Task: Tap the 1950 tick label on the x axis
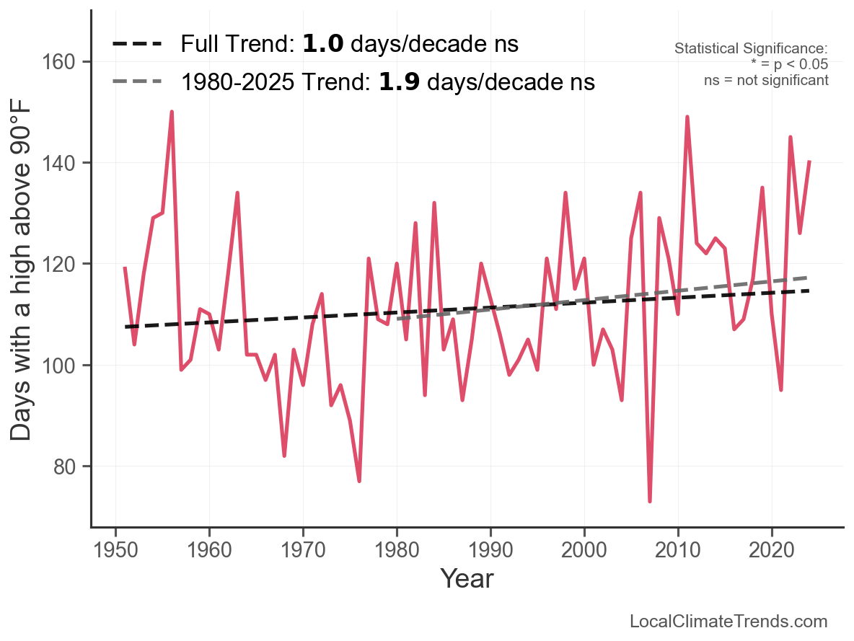115,549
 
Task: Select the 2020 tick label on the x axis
772,549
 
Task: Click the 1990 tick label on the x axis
490,549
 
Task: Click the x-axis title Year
467,578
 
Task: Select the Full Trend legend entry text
349,44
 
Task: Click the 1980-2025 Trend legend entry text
387,82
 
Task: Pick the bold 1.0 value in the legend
319,44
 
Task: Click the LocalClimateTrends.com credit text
728,622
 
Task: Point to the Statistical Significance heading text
750,49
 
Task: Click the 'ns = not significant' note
766,80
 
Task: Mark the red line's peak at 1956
172,112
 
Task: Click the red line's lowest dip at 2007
650,501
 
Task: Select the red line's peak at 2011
687,117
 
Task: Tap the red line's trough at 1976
359,481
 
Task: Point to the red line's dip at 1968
284,456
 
